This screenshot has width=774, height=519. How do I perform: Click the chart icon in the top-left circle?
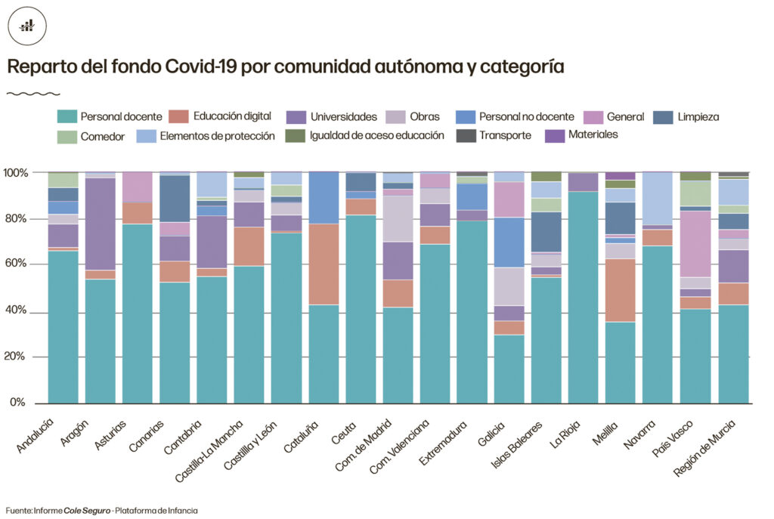tap(26, 26)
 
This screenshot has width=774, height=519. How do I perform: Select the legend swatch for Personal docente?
tap(67, 116)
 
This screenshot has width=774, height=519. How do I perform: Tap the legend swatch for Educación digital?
tap(179, 116)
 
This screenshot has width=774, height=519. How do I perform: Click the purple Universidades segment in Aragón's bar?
tap(100, 224)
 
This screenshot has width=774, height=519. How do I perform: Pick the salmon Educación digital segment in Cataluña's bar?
tap(323, 264)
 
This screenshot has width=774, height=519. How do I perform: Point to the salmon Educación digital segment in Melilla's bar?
tap(620, 290)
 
